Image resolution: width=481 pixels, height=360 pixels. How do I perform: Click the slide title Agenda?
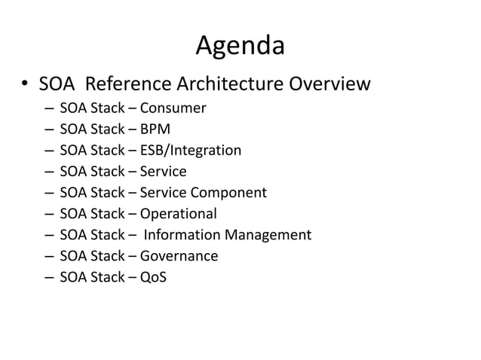pos(240,47)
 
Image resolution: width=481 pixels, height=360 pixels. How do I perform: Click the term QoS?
pos(153,277)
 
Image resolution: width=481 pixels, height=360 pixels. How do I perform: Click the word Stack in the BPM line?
pos(108,129)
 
